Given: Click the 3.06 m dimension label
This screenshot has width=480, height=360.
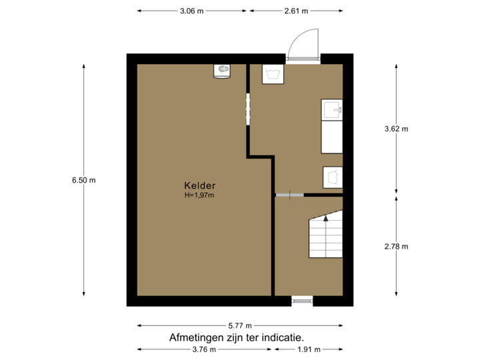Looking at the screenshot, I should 192,11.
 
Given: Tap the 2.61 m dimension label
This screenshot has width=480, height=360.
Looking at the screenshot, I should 296,11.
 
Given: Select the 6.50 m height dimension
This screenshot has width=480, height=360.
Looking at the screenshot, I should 84,179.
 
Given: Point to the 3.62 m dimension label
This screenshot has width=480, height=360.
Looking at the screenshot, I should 396,129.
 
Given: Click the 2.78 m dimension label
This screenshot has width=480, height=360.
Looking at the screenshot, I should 396,247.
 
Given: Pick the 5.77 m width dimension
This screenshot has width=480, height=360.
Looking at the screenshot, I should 240,325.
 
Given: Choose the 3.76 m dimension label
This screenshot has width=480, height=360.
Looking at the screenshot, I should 203,349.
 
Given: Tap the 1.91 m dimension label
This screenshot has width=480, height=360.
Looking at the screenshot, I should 309,349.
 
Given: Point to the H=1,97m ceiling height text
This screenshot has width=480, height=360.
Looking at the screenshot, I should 200,195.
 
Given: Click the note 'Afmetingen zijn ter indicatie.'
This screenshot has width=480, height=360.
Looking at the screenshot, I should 237,337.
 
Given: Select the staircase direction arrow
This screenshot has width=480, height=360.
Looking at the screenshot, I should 325,217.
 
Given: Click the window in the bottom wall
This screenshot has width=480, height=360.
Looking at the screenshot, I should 302,301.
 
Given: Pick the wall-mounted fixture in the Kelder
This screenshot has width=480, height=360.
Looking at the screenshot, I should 223,71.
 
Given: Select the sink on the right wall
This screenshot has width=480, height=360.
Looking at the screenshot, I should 332,109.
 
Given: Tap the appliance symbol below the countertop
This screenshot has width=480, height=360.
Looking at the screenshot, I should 332,177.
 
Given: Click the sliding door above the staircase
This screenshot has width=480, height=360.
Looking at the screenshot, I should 290,195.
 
